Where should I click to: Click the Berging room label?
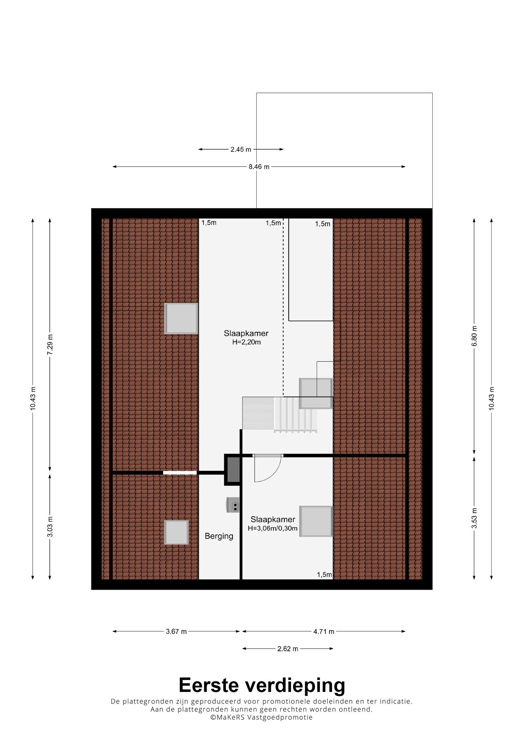coord(219,536)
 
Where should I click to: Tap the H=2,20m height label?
coord(246,342)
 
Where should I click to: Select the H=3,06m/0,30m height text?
coord(273,528)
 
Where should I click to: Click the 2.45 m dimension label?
coord(241,149)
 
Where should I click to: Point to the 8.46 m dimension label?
coord(259,167)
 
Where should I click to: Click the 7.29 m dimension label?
coord(50,345)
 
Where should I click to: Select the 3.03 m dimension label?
coord(50,527)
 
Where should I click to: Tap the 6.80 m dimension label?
coord(474,336)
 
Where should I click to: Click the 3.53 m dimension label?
coord(474,518)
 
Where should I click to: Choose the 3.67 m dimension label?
coord(176,632)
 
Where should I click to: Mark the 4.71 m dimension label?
coord(324,632)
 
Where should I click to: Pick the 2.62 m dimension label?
coord(288,649)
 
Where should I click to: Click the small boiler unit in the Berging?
coord(233,505)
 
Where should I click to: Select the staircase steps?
coord(295,414)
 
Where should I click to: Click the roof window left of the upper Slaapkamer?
coord(181,318)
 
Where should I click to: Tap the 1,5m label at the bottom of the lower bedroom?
coord(324,575)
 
